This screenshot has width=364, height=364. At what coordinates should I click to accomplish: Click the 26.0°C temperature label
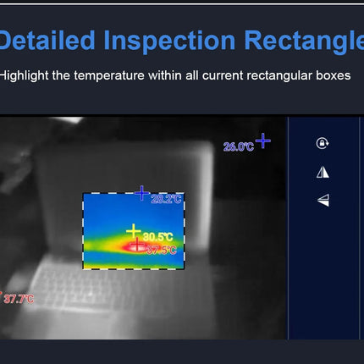(238, 146)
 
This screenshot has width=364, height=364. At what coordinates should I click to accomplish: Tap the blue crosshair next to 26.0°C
(263, 140)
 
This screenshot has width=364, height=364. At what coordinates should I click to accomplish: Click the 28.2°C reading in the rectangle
(167, 199)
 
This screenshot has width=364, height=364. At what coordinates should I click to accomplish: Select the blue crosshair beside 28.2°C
(142, 194)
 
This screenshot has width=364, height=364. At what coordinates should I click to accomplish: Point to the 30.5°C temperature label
(157, 236)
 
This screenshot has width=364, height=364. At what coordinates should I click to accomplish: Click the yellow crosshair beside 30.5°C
(133, 230)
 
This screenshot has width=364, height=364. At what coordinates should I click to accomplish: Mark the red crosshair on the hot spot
(137, 245)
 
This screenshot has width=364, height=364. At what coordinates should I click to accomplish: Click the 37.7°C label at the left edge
(19, 299)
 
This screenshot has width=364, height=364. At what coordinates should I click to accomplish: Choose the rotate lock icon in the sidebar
(322, 143)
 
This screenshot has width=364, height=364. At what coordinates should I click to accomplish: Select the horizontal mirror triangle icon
(322, 172)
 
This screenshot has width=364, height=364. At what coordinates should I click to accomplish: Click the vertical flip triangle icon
(322, 201)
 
